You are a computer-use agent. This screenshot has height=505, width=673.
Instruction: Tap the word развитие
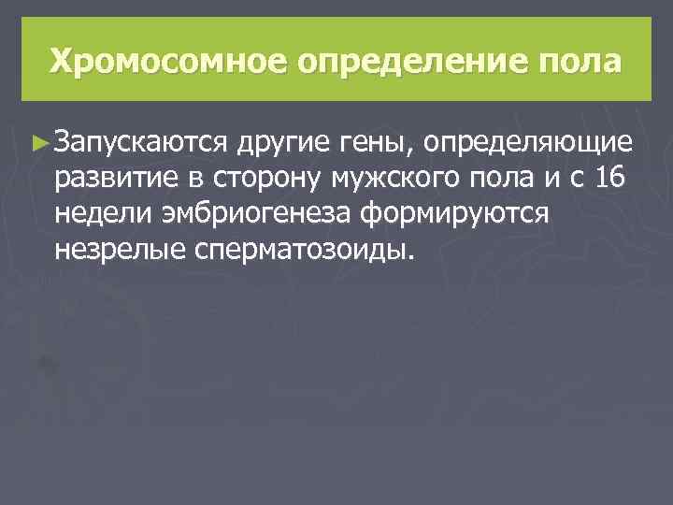tap(114, 179)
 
